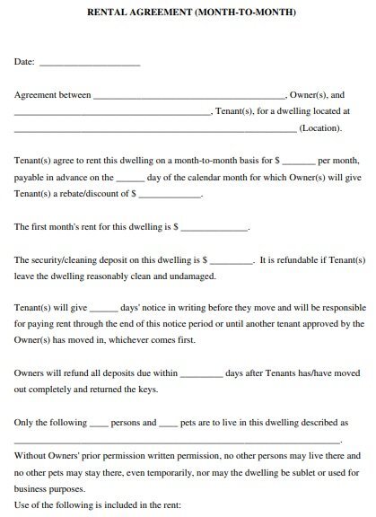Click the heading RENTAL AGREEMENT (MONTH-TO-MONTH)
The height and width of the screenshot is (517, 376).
tap(188, 13)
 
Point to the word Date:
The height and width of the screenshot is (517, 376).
tap(25, 63)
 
